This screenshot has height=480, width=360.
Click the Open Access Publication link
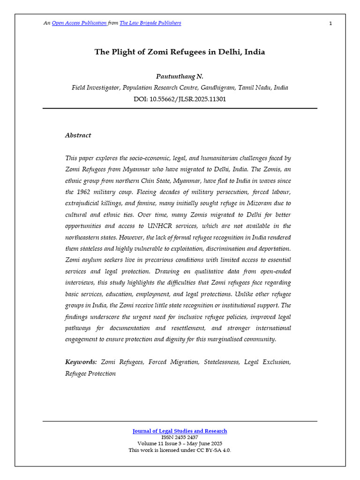tap(79, 23)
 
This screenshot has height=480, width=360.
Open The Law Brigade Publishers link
tap(150, 23)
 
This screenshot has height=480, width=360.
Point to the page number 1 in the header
tap(330, 23)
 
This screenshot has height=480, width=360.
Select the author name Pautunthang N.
tap(180, 76)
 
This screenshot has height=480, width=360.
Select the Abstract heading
tap(78, 135)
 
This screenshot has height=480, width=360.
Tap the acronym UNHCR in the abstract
tap(172, 225)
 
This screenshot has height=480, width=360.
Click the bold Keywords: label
tap(81, 362)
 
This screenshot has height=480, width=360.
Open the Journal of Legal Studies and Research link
tap(180, 431)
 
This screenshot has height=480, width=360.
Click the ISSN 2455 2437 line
tap(180, 437)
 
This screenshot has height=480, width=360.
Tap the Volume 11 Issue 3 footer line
tap(180, 443)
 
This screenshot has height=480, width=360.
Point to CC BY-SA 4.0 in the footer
tap(213, 450)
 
